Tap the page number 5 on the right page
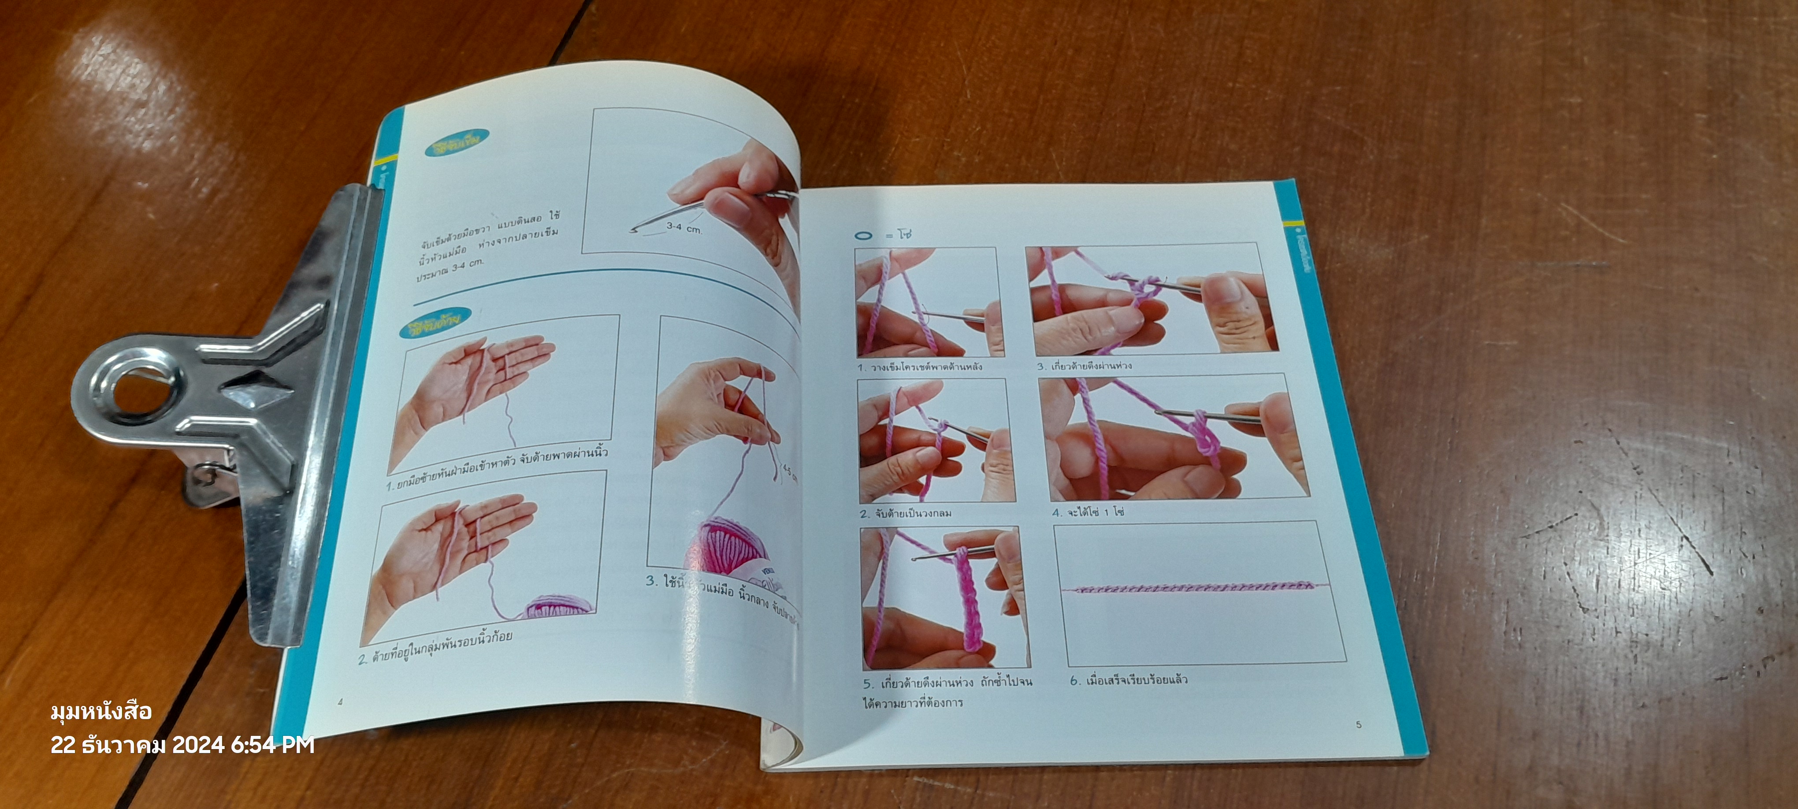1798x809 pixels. pos(1358,724)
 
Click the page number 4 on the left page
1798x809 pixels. pos(340,701)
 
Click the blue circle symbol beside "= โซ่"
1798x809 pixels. pos(863,235)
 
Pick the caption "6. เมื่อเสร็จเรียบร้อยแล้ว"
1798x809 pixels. pos(1128,680)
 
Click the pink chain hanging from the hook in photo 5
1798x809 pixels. pos(967,600)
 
